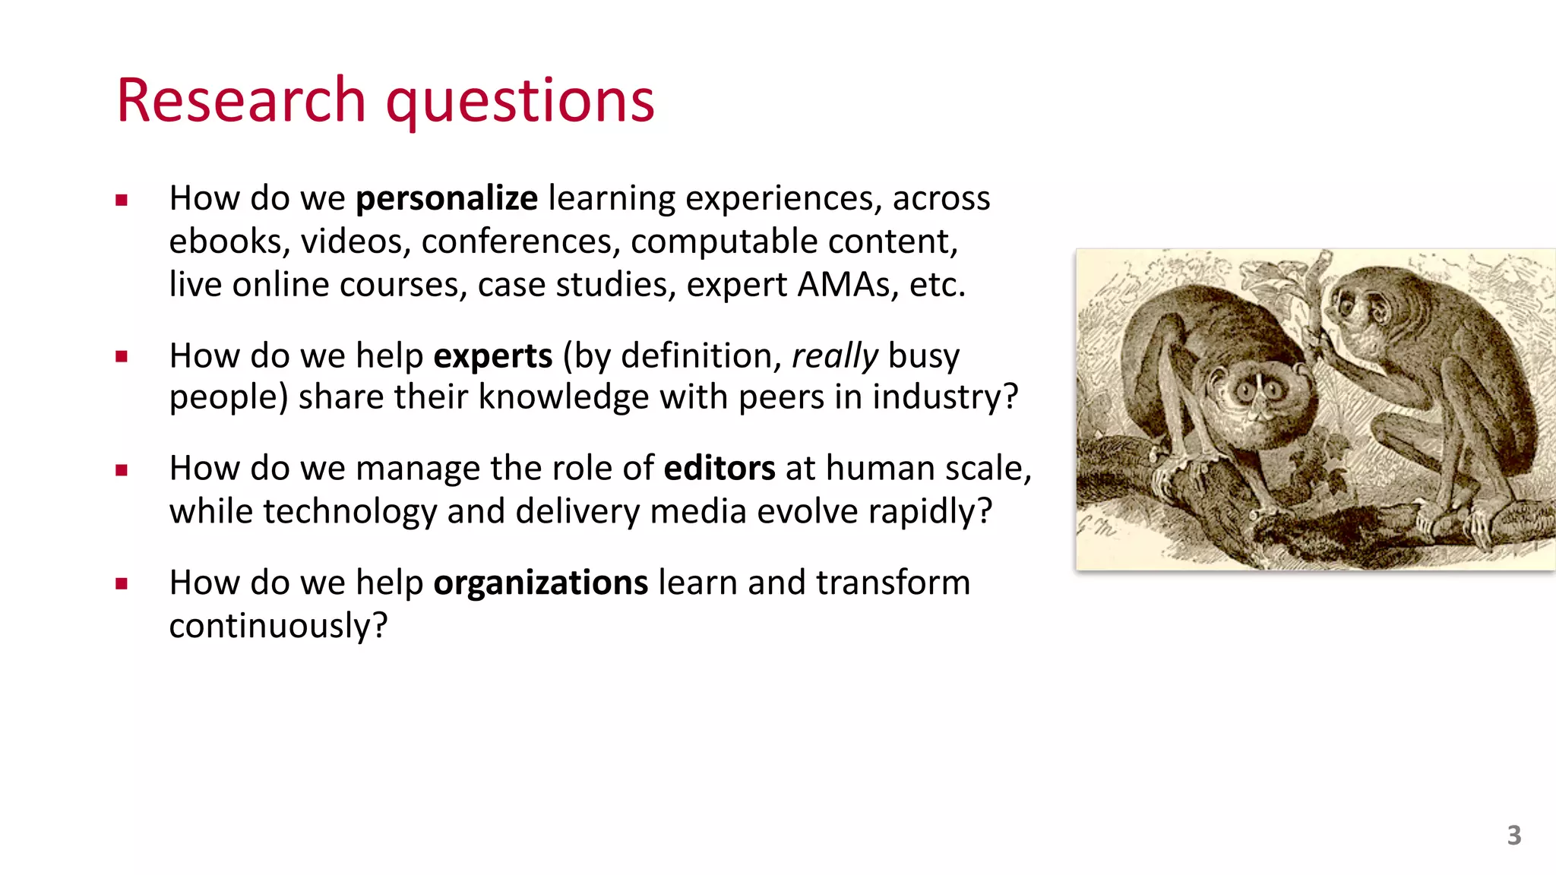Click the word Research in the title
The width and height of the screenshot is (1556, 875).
(x=242, y=100)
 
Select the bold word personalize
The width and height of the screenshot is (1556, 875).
(x=447, y=199)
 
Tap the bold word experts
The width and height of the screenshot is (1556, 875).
(x=492, y=356)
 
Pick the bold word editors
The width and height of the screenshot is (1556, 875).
(x=719, y=469)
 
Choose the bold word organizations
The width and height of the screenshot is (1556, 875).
(x=540, y=583)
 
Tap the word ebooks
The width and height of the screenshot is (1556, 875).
(x=226, y=242)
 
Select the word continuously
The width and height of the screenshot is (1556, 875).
(x=277, y=627)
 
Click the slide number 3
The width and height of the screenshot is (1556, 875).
(x=1513, y=836)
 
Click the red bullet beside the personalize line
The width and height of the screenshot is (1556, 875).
(x=122, y=201)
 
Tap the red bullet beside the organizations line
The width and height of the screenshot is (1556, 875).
(x=122, y=584)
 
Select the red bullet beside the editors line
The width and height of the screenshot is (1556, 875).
(x=122, y=470)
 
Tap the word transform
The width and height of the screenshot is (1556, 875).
(x=893, y=583)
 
